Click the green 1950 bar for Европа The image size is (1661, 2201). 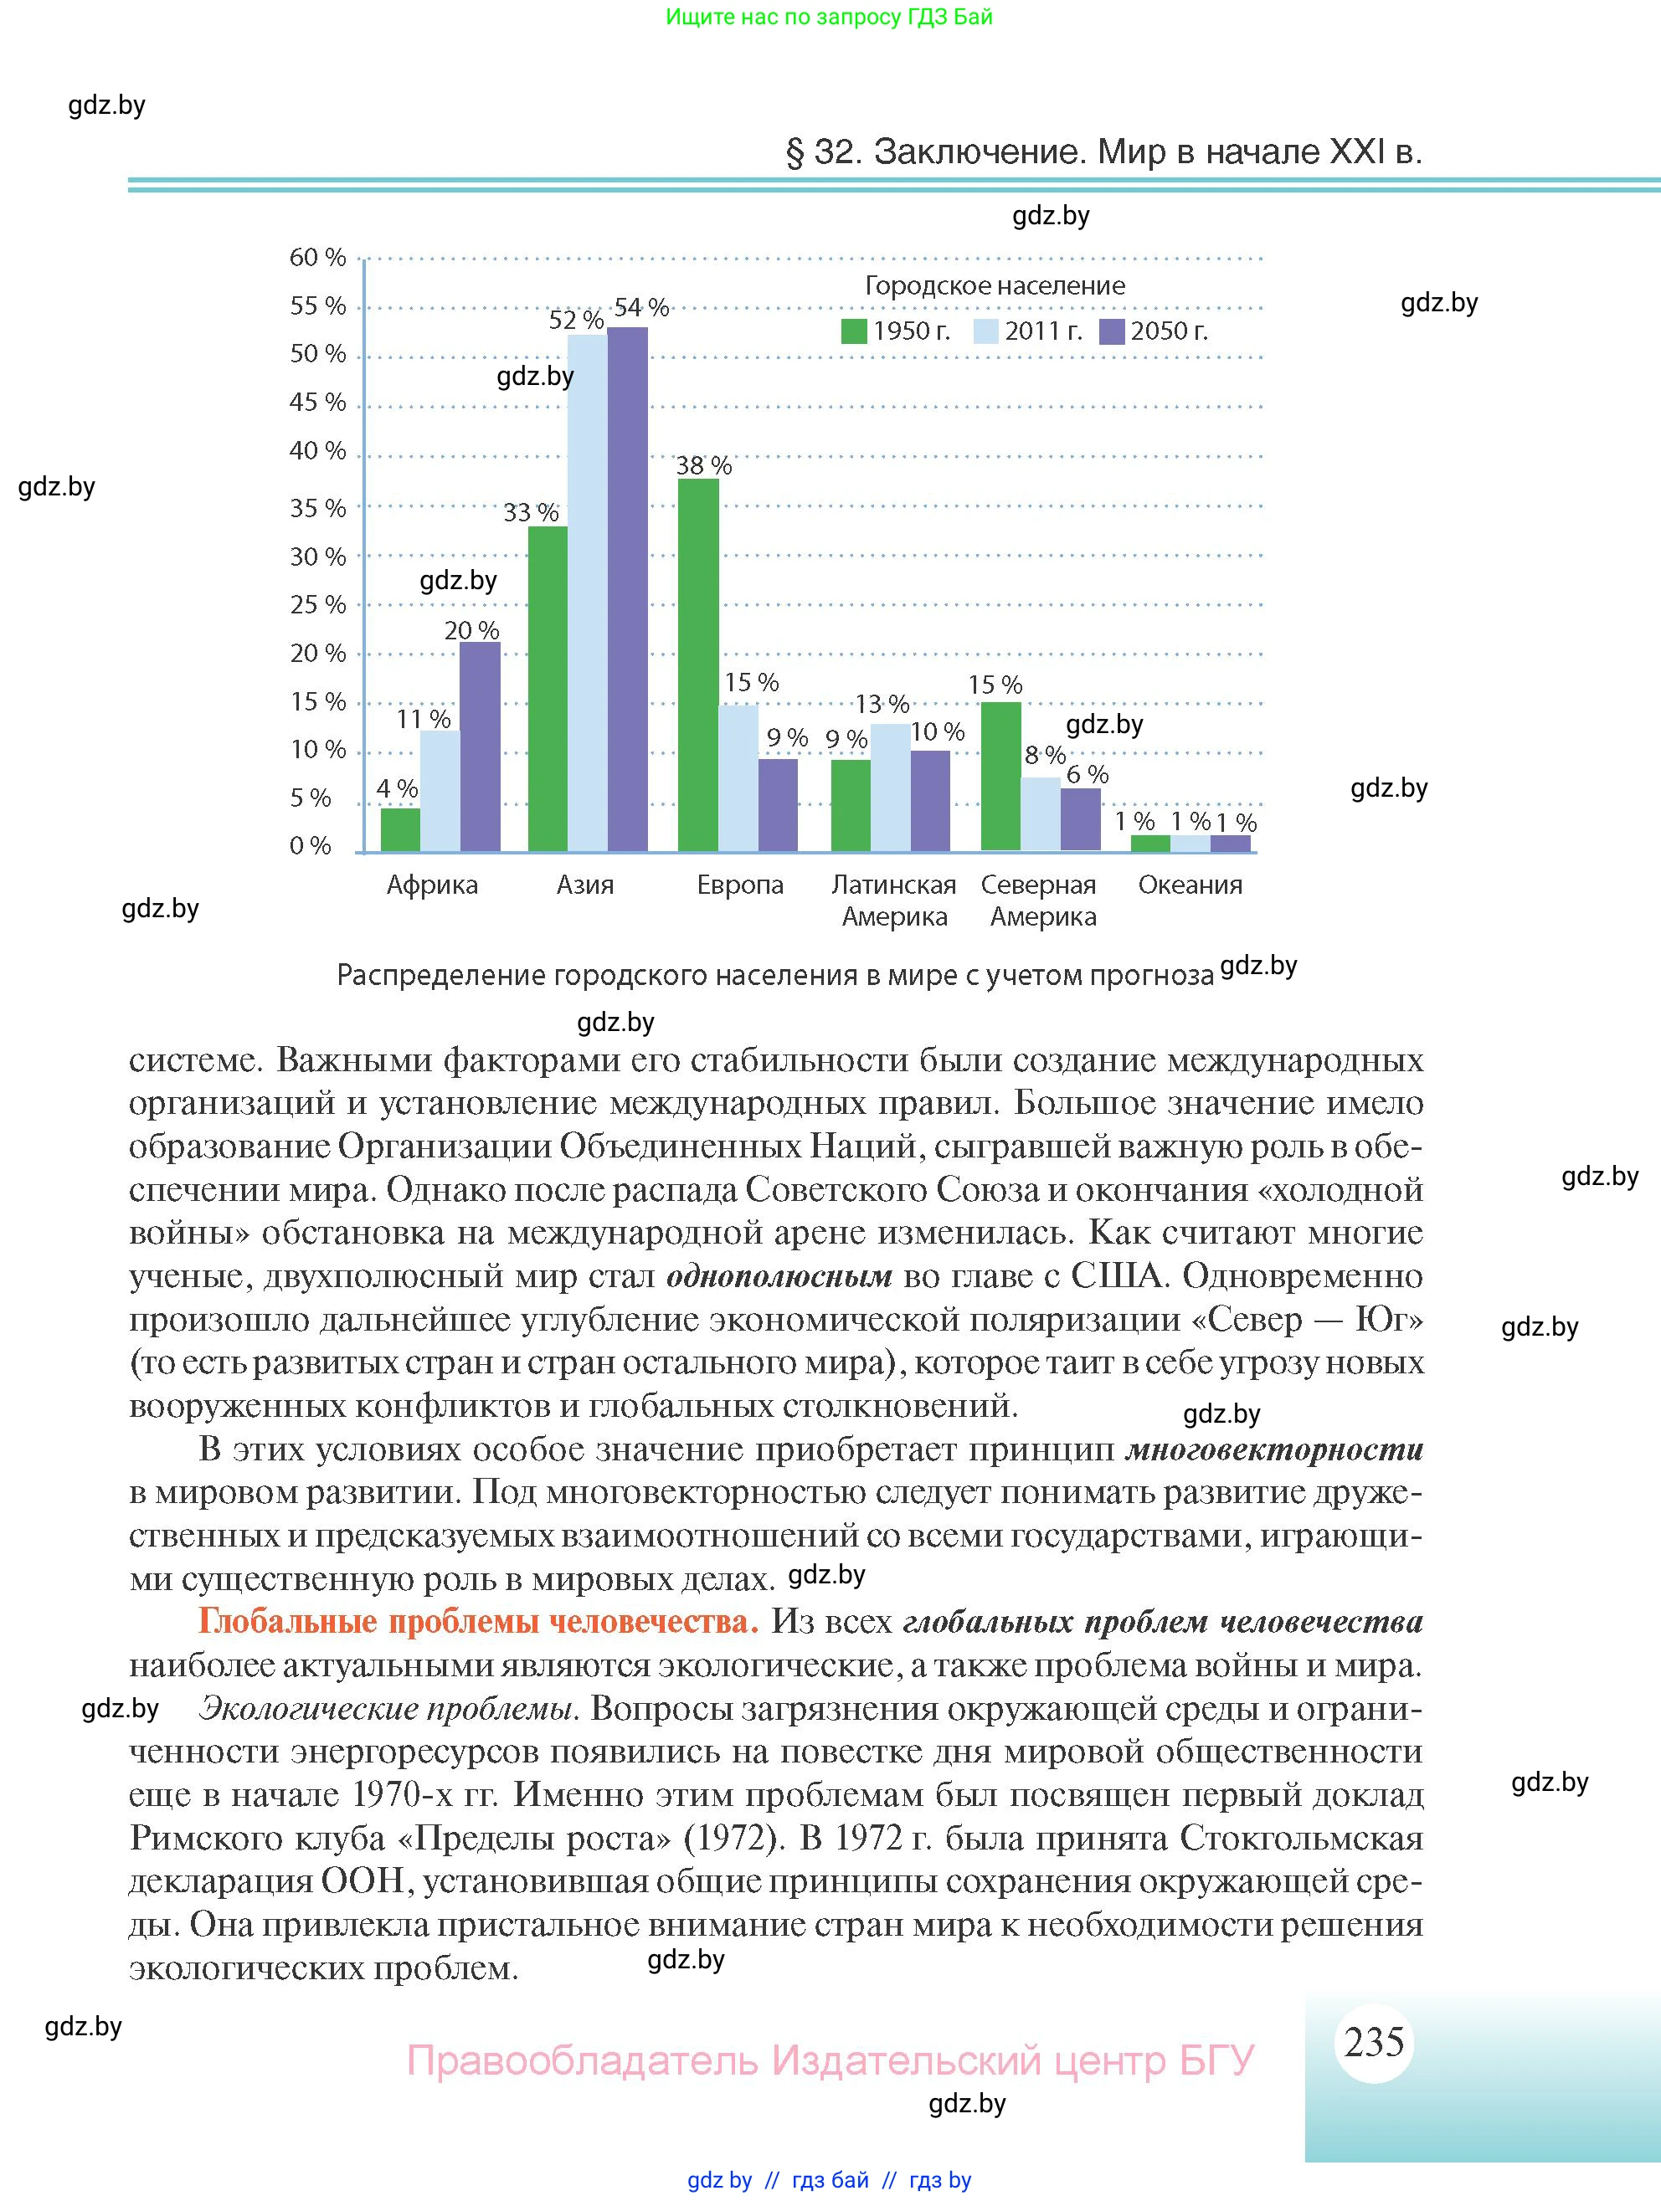point(697,664)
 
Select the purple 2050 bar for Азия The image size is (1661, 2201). point(628,589)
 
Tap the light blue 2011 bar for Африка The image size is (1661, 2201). point(440,791)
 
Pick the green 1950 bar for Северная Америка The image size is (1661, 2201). point(1000,776)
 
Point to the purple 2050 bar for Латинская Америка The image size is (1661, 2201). point(930,801)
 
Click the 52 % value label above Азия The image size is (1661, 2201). point(576,321)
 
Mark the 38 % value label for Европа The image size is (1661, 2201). point(703,464)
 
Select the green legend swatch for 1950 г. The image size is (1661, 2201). point(854,331)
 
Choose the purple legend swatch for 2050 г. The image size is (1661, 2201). point(1112,331)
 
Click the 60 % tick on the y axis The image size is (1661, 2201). point(317,258)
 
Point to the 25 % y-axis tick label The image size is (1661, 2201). point(317,605)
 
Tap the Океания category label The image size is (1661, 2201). point(1190,885)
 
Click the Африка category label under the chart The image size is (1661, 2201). point(432,885)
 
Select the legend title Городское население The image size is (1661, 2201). point(995,285)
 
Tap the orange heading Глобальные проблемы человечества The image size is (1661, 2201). point(478,1622)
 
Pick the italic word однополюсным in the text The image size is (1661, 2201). point(779,1276)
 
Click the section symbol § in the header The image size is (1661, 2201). point(795,152)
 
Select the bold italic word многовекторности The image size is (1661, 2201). point(1274,1449)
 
